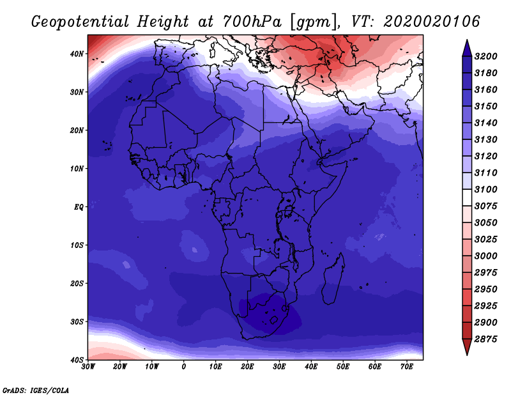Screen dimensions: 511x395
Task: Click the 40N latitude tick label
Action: point(77,54)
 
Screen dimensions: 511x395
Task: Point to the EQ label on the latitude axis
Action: point(79,207)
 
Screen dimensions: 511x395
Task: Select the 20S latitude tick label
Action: point(77,283)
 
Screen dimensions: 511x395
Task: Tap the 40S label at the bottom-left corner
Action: point(77,360)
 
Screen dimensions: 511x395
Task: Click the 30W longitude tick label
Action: point(88,367)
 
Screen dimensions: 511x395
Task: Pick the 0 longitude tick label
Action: point(184,367)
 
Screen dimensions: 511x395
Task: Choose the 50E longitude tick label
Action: point(343,367)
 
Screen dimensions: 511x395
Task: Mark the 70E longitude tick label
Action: point(407,367)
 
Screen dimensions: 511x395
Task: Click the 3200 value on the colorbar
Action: point(485,56)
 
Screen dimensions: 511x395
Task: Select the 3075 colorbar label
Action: point(485,206)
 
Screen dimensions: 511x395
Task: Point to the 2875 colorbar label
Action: point(485,339)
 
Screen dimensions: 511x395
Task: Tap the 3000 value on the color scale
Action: point(485,256)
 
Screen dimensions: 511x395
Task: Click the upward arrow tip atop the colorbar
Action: point(467,40)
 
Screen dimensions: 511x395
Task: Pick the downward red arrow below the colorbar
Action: point(467,346)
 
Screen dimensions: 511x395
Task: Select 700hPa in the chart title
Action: point(252,22)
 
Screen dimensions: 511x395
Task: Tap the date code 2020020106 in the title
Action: point(432,22)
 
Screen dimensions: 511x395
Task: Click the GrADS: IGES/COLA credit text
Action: point(36,391)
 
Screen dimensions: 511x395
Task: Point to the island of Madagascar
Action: point(333,279)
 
